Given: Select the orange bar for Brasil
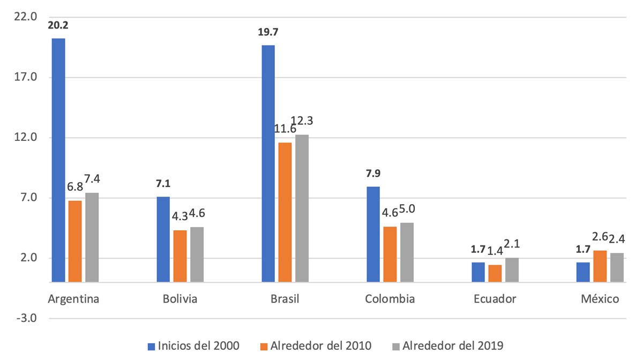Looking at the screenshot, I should coord(285,212).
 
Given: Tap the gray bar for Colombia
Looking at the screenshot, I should coord(407,252).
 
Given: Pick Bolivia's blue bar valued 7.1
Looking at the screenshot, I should coord(163,239).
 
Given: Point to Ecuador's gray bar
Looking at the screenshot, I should coord(512,269).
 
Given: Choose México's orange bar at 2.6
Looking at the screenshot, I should coord(600,266).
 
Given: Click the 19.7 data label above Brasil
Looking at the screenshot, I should coord(268,32).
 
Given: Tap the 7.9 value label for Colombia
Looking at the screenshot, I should coord(373,174).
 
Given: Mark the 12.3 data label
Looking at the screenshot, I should coord(302,122).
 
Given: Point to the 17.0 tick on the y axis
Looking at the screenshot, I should coord(26,77).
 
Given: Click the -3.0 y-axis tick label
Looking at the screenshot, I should coord(26,319).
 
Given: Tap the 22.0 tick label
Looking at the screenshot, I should coord(26,17).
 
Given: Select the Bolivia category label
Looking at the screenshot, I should coord(180,299).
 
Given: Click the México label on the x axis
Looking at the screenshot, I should coord(600,299).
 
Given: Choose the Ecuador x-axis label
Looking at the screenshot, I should coord(495,299).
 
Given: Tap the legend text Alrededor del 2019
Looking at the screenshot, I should coord(453,344).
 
